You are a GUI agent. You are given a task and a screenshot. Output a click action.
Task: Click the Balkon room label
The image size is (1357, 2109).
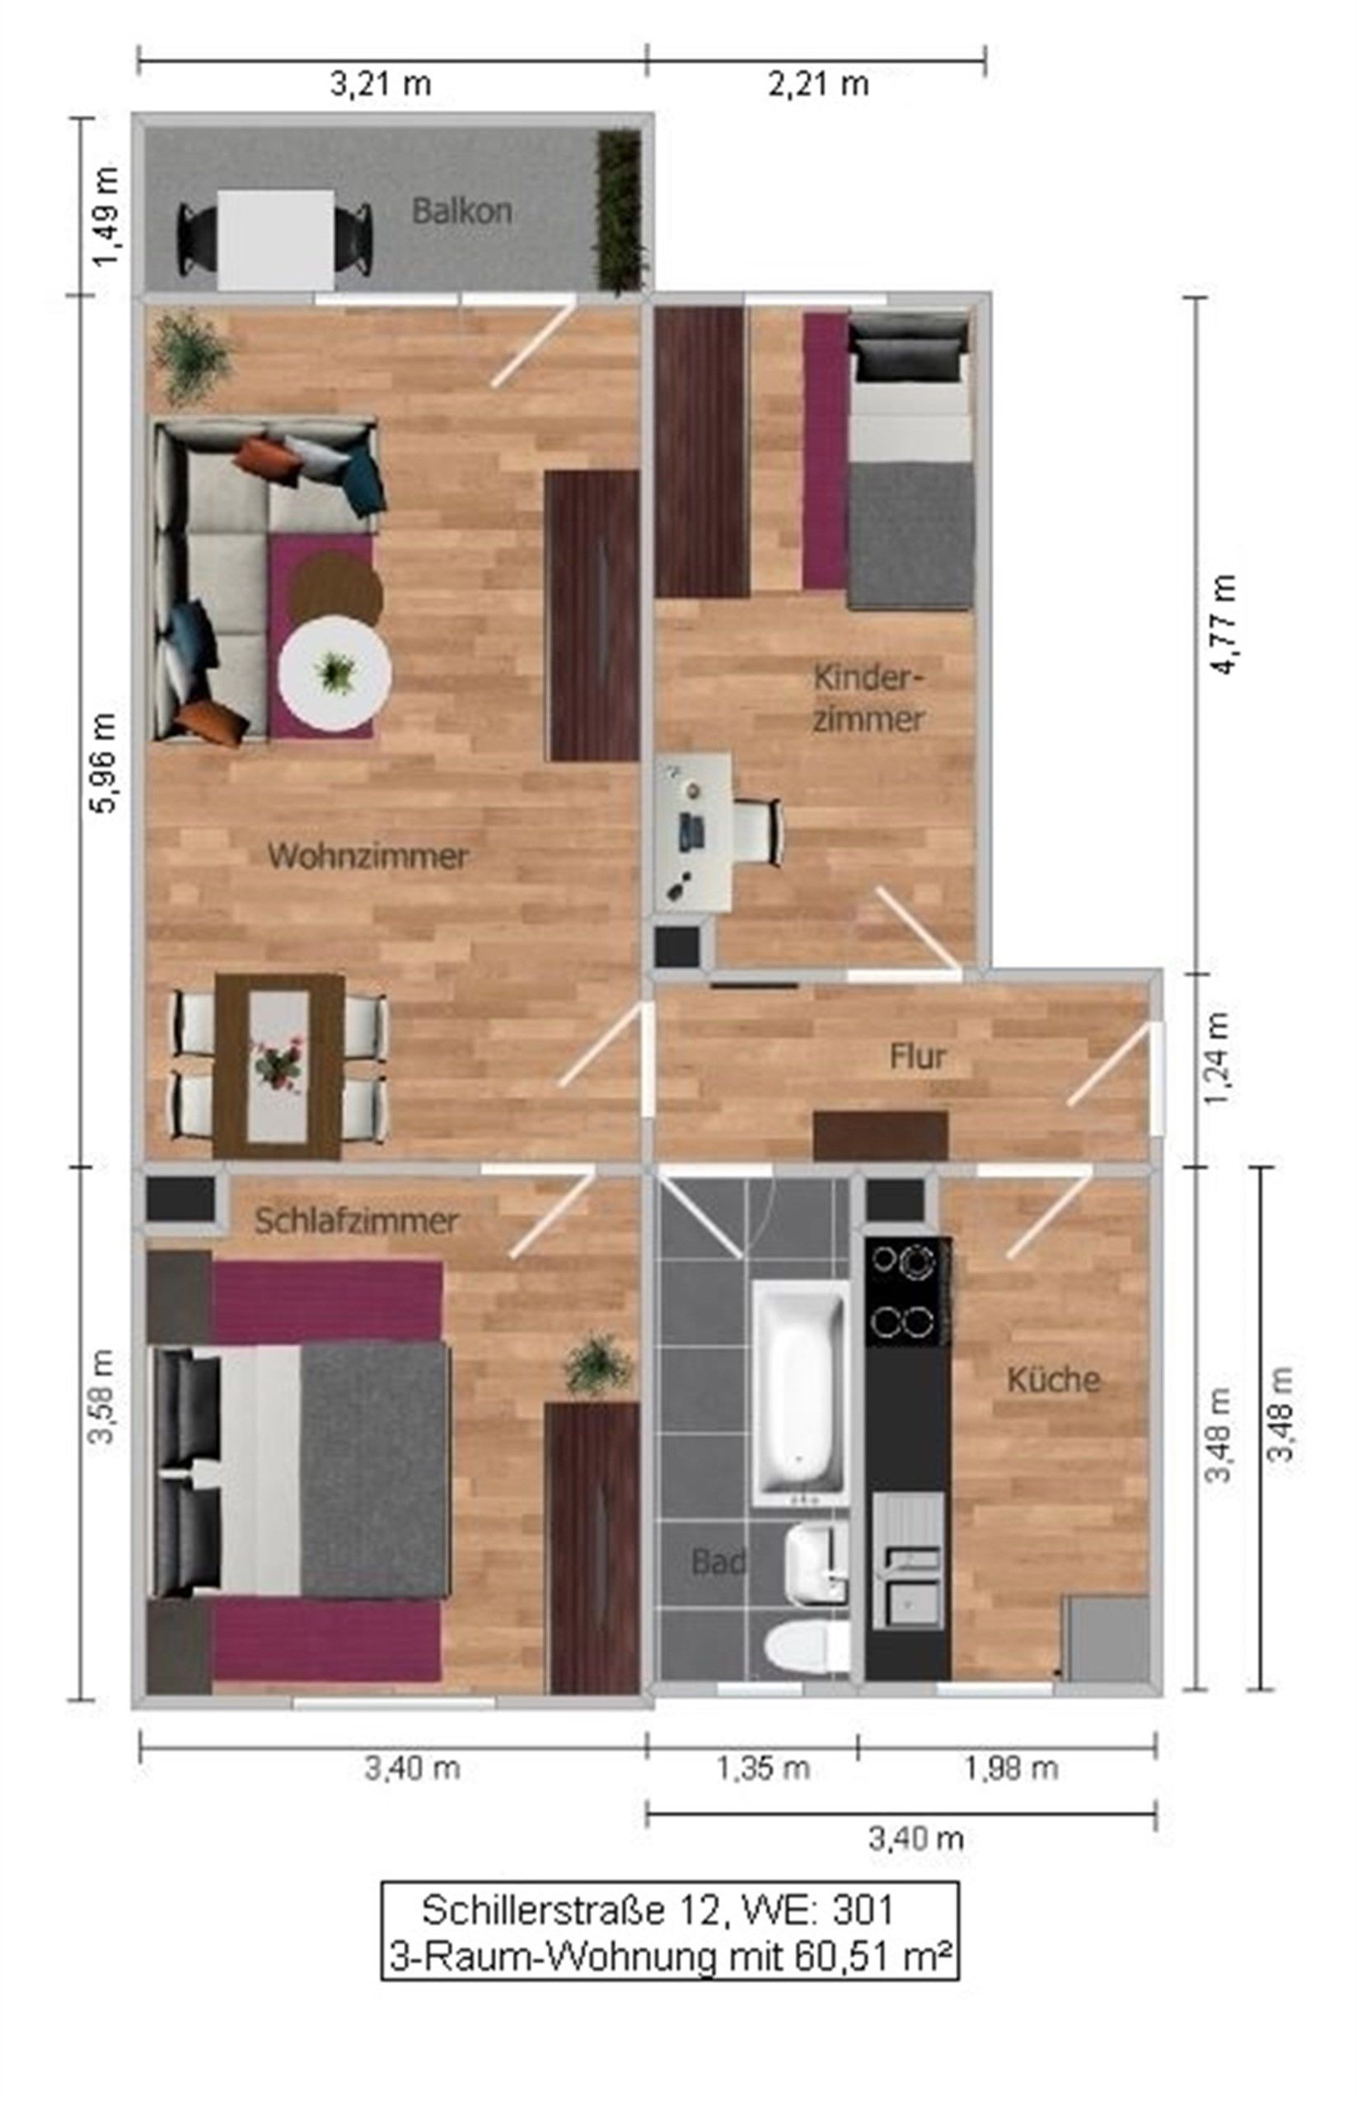point(461,212)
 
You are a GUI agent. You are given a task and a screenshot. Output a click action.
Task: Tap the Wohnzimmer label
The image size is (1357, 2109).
point(367,856)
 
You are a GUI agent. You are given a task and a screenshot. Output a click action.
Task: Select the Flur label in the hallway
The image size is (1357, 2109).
point(917,1056)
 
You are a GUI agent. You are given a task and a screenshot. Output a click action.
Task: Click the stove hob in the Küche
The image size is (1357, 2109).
point(908,1292)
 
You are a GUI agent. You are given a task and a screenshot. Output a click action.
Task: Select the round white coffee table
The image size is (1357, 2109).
point(335,673)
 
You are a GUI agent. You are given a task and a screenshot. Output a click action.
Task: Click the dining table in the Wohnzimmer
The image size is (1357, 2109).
point(278,1066)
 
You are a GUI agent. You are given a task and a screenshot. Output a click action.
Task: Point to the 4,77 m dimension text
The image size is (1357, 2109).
point(1224,624)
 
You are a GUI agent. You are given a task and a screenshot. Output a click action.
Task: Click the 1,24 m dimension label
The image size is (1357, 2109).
point(1219,1056)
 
